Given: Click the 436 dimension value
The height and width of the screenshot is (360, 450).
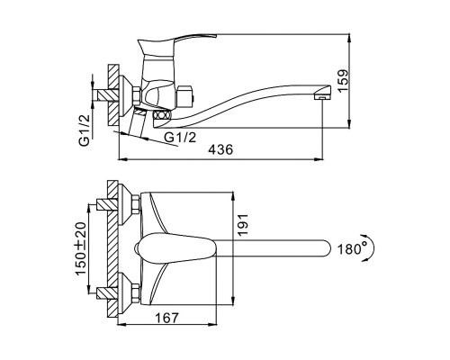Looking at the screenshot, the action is coord(220,149).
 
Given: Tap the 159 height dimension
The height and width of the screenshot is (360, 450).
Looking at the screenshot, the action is coord(343,80).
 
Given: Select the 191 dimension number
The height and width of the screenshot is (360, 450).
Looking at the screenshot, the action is coord(243,224).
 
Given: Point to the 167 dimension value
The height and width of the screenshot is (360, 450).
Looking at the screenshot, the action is coord(166,318).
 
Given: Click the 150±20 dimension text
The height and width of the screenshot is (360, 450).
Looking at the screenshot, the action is coord(80,248).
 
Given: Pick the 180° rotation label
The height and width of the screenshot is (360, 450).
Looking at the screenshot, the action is coord(352,249).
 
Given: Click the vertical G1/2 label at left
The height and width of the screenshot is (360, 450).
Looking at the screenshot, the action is coord(85,130).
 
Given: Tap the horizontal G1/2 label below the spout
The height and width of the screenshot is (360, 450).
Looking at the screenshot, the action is coord(180,138).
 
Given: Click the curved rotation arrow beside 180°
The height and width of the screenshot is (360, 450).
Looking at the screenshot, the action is coord(373,248).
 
